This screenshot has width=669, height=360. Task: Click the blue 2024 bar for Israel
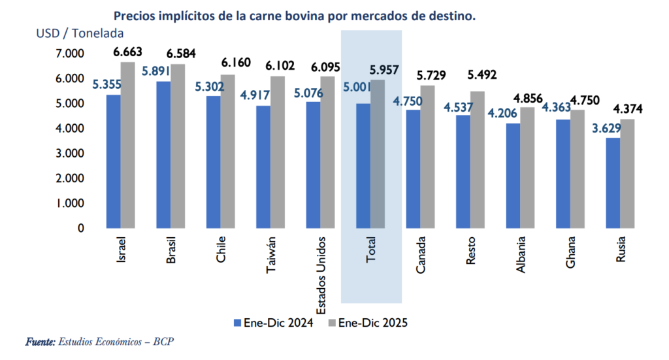[x=114, y=161]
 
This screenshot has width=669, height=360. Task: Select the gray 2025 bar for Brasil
[x=178, y=146]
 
